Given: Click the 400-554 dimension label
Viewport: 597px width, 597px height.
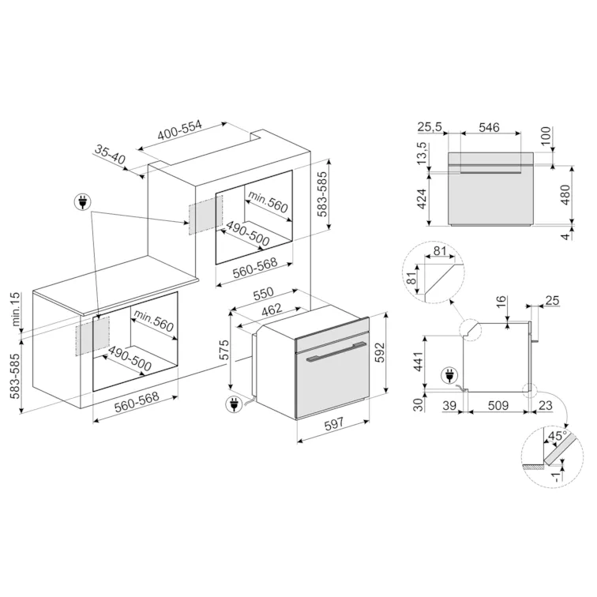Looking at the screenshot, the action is click(x=180, y=130).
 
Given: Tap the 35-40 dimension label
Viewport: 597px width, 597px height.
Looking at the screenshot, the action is click(x=110, y=154).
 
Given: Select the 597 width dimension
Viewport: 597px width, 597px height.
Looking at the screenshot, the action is click(x=334, y=423).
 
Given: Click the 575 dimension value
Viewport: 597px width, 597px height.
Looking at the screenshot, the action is click(x=224, y=350).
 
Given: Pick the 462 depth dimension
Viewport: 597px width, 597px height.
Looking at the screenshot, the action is click(x=272, y=310).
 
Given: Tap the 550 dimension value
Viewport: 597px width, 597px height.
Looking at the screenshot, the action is click(x=264, y=294).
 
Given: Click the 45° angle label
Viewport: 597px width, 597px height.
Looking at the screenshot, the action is click(x=557, y=436).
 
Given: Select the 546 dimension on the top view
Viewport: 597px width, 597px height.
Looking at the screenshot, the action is click(x=489, y=127).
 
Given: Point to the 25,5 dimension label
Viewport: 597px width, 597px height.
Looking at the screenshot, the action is click(x=430, y=127).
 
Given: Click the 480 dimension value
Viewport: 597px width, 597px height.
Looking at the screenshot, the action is click(x=566, y=194).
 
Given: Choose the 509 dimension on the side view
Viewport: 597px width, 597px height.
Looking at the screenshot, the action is click(x=497, y=405).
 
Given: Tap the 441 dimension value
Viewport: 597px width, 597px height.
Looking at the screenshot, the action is click(x=418, y=362).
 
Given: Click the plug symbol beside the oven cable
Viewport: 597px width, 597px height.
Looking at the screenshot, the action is click(x=234, y=404).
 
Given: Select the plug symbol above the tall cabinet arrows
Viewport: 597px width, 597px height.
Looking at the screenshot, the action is click(x=82, y=202).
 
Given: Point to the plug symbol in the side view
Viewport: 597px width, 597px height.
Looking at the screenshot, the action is click(x=449, y=376).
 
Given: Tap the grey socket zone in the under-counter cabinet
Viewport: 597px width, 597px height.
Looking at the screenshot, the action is click(x=92, y=336).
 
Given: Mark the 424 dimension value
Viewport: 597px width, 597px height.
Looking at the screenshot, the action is click(x=422, y=200).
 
